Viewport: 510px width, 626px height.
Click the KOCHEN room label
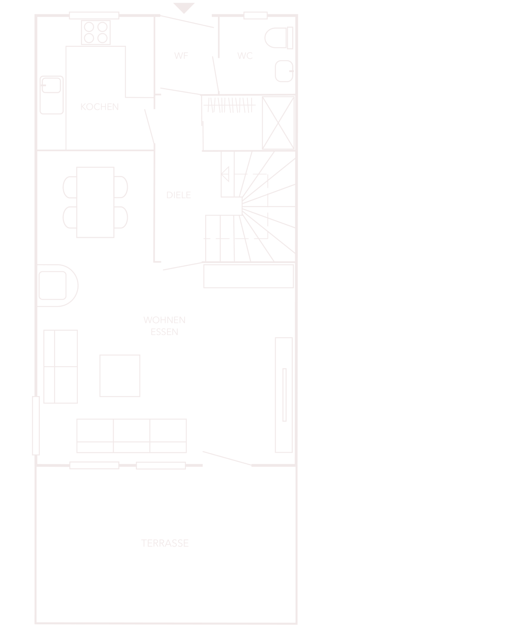click(x=100, y=107)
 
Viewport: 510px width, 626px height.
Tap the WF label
click(x=181, y=56)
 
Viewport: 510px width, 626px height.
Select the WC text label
click(x=245, y=56)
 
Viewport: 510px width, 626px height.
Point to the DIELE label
click(x=179, y=195)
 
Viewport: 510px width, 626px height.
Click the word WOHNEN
click(x=165, y=320)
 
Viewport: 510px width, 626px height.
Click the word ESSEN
click(x=165, y=332)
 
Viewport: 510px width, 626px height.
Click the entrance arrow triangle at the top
click(x=184, y=7)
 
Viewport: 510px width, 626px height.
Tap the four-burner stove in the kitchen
click(x=96, y=32)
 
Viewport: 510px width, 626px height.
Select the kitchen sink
click(x=52, y=95)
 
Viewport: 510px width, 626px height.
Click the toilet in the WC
click(x=279, y=38)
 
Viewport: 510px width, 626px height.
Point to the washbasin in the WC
click(x=284, y=71)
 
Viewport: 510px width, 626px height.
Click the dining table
click(x=95, y=202)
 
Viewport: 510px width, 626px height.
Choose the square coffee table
click(x=120, y=376)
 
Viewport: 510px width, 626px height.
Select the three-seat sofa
click(x=132, y=436)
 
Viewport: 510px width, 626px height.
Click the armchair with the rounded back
click(x=57, y=285)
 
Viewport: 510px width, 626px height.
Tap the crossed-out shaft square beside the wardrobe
click(x=278, y=123)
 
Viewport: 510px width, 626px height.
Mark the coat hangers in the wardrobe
click(x=229, y=105)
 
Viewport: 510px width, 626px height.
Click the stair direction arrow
click(x=225, y=174)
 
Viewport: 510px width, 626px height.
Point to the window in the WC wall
click(x=256, y=15)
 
